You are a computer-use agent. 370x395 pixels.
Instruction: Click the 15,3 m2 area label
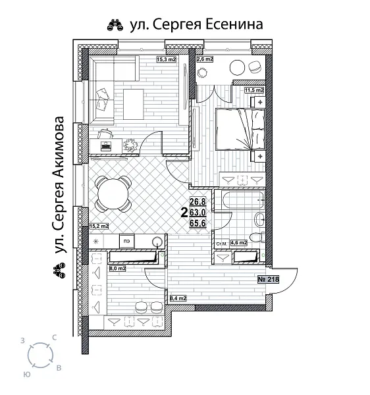(x=166, y=59)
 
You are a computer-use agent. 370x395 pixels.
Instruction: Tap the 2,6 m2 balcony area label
(x=205, y=59)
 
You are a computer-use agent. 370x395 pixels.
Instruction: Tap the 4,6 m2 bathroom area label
(x=238, y=244)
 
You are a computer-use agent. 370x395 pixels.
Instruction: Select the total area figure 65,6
(x=198, y=223)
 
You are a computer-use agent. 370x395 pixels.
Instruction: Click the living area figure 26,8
(x=198, y=202)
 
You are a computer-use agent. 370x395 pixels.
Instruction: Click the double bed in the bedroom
(x=240, y=129)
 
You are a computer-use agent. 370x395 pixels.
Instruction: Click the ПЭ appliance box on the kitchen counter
(x=127, y=241)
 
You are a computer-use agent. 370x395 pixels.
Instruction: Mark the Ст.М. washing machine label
(x=222, y=244)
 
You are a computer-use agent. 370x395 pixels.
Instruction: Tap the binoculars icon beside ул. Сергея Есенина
(x=113, y=26)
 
